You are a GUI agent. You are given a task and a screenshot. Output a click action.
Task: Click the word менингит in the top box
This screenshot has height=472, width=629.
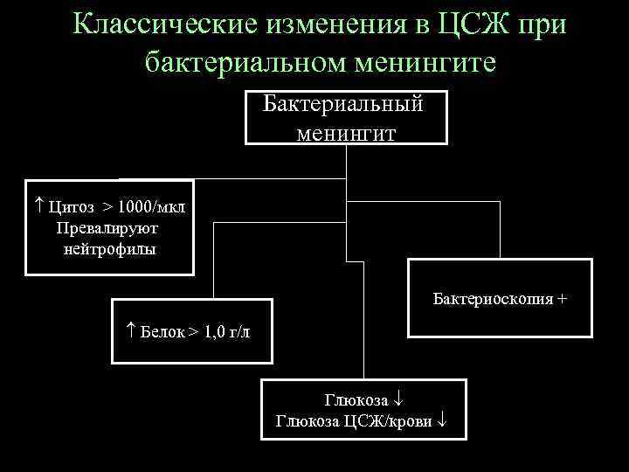(x=346, y=133)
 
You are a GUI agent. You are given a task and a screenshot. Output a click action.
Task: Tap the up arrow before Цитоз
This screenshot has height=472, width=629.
(x=38, y=206)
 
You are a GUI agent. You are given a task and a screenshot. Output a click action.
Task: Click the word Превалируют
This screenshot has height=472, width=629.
(x=107, y=228)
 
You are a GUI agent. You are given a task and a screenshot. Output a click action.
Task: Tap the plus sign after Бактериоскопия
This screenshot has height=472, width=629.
(x=562, y=299)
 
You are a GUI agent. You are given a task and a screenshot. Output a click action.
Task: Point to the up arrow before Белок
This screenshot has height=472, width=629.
(x=128, y=332)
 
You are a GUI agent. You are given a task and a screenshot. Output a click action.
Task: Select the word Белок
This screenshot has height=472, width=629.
(x=162, y=332)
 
